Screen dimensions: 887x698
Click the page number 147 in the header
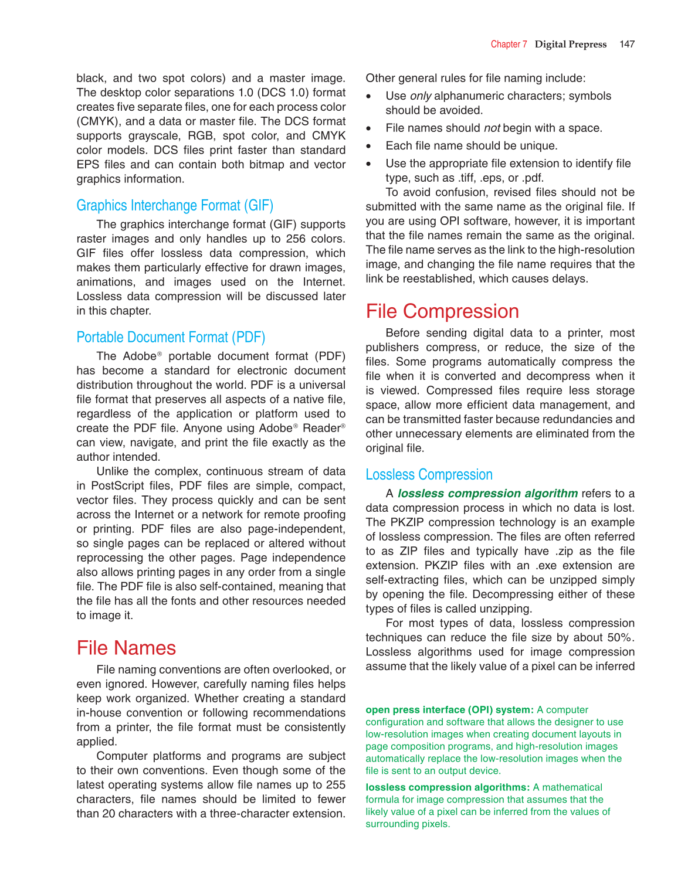(626, 44)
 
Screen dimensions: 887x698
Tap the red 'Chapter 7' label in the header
(509, 44)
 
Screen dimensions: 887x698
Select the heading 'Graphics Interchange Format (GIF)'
(175, 206)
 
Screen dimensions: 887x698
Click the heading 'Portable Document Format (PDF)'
(171, 338)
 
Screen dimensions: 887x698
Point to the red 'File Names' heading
(126, 648)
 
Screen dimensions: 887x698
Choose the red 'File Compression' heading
(442, 311)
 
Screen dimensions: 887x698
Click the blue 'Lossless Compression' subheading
(429, 475)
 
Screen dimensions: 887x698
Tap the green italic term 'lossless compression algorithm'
(487, 494)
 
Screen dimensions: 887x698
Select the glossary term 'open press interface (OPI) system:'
(449, 710)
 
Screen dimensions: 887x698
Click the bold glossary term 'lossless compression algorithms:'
(448, 787)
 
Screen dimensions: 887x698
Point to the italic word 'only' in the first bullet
(421, 96)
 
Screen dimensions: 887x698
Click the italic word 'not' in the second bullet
(492, 128)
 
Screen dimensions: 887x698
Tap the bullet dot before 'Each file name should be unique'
(368, 146)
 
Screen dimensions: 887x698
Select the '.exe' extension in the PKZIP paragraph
(546, 566)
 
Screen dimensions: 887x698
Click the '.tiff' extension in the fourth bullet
(469, 178)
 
